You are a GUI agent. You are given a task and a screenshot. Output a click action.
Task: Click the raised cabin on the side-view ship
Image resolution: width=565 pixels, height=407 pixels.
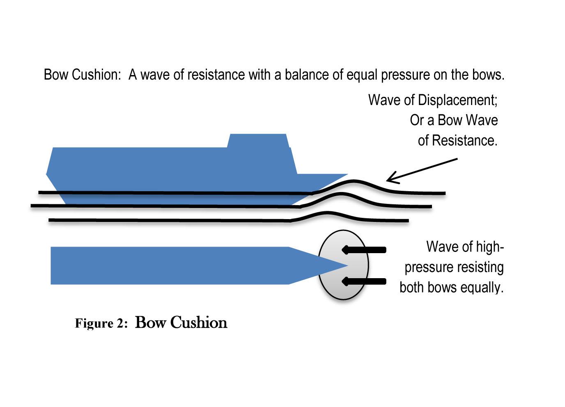tap(257, 141)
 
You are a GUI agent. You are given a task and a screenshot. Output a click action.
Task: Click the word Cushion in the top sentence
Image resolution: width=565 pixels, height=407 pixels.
tap(96, 75)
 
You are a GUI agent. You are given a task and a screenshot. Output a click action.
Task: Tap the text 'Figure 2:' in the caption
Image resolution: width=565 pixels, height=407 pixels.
tap(101, 324)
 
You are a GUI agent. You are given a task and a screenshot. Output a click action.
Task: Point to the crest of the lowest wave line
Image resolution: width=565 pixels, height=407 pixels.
tap(327, 213)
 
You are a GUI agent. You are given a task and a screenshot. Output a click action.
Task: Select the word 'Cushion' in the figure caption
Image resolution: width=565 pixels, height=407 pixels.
tap(199, 323)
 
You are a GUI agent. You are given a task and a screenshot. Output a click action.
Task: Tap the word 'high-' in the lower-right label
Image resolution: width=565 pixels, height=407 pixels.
tap(489, 247)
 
